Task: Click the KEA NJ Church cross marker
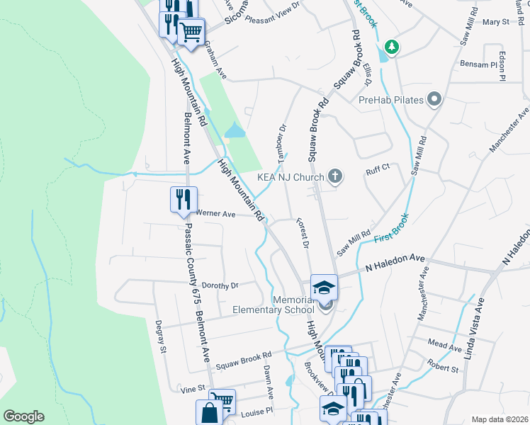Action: (x=334, y=176)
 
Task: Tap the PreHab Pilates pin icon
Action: (x=434, y=100)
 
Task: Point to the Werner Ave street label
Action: (x=215, y=213)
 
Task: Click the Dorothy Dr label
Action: (x=221, y=285)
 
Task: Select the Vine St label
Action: (x=192, y=389)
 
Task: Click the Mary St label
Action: (x=495, y=22)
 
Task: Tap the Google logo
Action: (x=23, y=416)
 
